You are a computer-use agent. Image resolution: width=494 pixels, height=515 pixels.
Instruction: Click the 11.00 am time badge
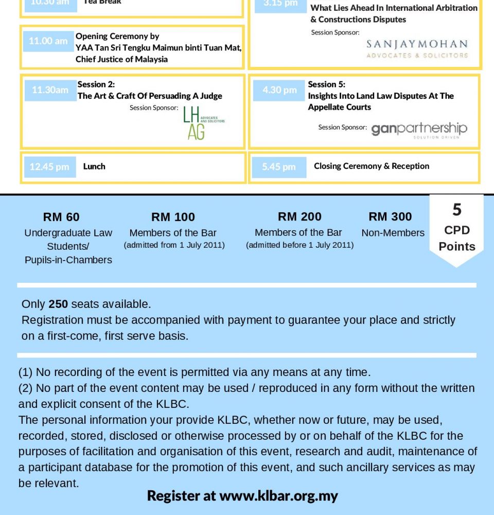[48, 41]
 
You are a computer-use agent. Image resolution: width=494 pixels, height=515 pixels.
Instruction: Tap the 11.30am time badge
[50, 90]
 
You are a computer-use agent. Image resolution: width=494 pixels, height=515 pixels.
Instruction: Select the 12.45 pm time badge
[49, 166]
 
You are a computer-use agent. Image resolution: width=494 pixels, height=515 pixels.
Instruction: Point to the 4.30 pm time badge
[279, 90]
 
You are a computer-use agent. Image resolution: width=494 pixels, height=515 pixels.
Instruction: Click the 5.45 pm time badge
[279, 166]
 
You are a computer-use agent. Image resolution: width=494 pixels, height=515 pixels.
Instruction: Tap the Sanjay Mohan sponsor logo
[417, 49]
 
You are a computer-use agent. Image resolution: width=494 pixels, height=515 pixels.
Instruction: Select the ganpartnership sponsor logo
[419, 129]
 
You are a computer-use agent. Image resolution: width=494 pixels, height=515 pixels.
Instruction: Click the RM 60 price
[61, 217]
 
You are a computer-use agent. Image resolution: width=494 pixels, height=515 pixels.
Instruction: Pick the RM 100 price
[173, 217]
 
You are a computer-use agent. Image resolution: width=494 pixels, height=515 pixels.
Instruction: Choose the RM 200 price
[299, 216]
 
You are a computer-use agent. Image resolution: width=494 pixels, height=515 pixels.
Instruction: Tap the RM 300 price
[390, 216]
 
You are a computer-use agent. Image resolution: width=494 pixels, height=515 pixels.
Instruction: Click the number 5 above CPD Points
[457, 210]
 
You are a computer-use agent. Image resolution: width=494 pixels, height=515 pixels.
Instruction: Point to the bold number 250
[58, 304]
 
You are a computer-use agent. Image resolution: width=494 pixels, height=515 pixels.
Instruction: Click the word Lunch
[94, 166]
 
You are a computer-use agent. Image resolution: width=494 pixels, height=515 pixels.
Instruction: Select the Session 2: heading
[96, 84]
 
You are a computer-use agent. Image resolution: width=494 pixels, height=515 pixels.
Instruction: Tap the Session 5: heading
[327, 84]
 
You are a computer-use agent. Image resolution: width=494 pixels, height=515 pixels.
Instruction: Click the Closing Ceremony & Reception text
[372, 166]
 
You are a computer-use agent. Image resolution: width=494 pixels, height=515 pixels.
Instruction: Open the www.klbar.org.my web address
[278, 496]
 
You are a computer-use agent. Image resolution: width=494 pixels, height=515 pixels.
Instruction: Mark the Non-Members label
[393, 233]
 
